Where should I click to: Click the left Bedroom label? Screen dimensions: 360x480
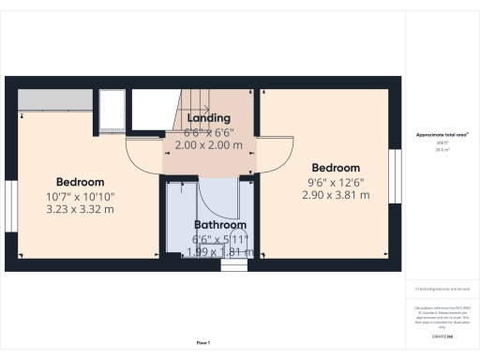point(80,182)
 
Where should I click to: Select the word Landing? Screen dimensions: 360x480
point(208,119)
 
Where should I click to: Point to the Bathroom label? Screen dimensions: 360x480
point(220,225)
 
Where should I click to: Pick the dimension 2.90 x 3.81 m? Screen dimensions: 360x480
point(336,195)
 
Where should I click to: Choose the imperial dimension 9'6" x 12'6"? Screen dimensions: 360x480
point(336,182)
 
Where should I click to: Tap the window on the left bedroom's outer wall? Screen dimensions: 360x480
point(10,204)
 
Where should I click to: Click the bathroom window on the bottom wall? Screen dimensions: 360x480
point(233,265)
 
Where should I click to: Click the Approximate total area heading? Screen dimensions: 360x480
point(442,135)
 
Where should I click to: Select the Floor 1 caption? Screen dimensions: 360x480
point(202,343)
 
